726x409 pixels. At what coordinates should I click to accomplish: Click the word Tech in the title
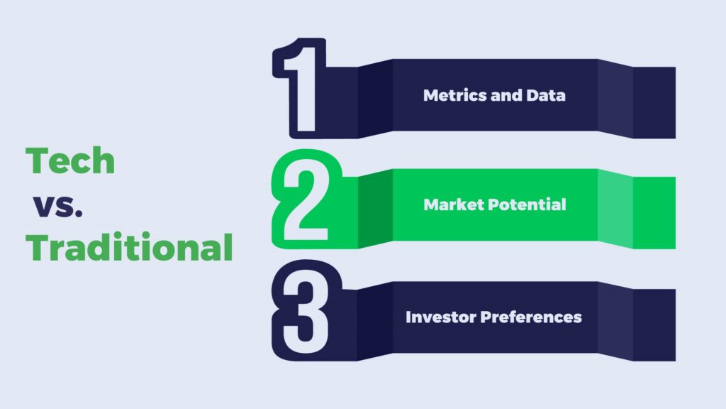tap(70, 160)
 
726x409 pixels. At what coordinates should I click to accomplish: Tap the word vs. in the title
tap(58, 206)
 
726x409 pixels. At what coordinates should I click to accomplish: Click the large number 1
tap(301, 88)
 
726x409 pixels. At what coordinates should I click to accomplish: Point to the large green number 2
tap(306, 199)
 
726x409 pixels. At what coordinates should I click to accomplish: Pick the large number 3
tap(306, 310)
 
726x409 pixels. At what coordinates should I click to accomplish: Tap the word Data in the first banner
tap(546, 95)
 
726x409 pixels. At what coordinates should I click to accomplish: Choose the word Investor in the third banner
tap(441, 317)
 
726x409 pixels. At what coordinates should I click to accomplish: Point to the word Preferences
tap(531, 317)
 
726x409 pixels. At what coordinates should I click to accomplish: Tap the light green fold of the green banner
tap(615, 209)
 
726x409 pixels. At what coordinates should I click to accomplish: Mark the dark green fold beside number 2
tap(376, 209)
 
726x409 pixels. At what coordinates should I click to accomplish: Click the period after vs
tap(78, 214)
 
